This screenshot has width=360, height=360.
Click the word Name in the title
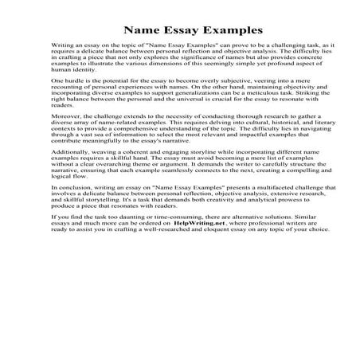pos(143,29)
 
